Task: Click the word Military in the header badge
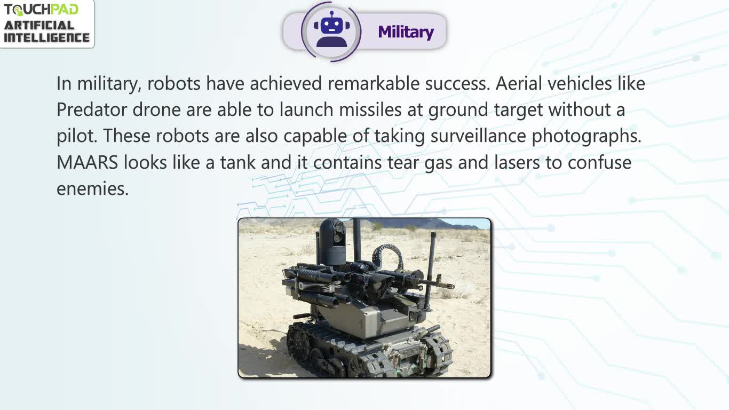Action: coord(406,32)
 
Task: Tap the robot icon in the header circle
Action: coord(331,29)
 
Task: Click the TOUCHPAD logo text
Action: coord(41,10)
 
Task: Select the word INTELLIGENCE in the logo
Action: coord(46,37)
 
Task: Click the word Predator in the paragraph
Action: coord(91,109)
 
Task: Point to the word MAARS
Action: coord(87,162)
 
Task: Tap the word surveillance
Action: coord(478,136)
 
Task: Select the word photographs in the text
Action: coord(587,137)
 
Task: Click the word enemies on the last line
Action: coord(92,189)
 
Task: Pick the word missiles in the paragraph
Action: coord(370,109)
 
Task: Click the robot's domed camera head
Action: coord(332,241)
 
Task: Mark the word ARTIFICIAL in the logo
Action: coord(39,26)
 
